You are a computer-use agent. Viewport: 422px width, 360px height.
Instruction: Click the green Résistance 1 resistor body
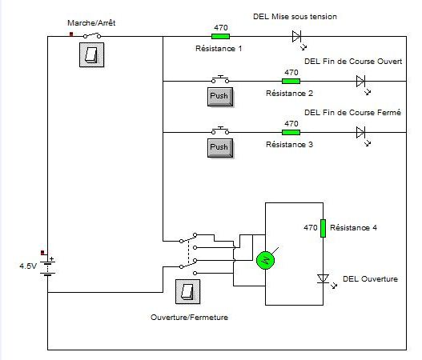(220, 36)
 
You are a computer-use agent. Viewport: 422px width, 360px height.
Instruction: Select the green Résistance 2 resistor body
(291, 81)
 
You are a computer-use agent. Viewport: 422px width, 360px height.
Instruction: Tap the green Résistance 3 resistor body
(291, 132)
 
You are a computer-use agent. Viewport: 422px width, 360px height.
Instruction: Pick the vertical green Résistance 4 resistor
(323, 228)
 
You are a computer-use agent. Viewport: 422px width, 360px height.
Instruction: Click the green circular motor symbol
(265, 260)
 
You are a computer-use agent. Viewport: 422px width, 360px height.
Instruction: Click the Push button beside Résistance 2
(220, 97)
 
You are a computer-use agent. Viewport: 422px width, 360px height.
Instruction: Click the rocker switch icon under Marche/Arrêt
(92, 55)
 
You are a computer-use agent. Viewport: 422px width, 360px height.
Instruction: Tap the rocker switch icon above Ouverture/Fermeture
(188, 292)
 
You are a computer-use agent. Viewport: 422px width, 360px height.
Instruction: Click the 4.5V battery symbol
(47, 267)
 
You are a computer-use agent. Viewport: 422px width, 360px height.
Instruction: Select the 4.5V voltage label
(28, 266)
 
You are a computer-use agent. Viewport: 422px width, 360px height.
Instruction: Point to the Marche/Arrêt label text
(91, 23)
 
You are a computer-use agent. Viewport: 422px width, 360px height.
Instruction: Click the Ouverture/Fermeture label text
(190, 318)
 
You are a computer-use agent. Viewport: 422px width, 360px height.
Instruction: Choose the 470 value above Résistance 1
(221, 27)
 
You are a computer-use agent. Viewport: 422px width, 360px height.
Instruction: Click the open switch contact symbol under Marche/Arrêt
(92, 35)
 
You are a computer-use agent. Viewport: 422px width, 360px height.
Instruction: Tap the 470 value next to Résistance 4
(311, 228)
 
